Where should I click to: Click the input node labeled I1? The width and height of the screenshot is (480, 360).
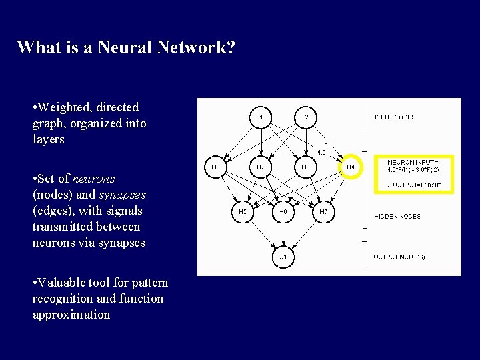tap(261, 117)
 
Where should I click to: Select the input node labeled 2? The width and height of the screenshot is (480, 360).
tap(306, 117)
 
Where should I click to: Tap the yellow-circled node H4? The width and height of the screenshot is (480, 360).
tap(351, 166)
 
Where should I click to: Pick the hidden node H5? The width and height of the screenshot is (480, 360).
tap(242, 212)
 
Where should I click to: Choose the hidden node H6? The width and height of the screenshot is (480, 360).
tap(283, 212)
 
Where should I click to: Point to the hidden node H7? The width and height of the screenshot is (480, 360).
tap(324, 212)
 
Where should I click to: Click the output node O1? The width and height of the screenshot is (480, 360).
tap(283, 256)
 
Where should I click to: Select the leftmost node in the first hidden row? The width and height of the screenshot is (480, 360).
tap(215, 166)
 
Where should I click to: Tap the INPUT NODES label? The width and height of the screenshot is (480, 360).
tap(395, 117)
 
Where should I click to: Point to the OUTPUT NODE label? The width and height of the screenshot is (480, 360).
tap(399, 256)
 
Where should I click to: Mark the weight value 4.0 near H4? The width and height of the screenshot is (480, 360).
tap(321, 153)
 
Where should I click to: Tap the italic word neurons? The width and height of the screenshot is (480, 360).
tap(93, 179)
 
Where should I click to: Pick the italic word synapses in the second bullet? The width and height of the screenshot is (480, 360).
tap(122, 195)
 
